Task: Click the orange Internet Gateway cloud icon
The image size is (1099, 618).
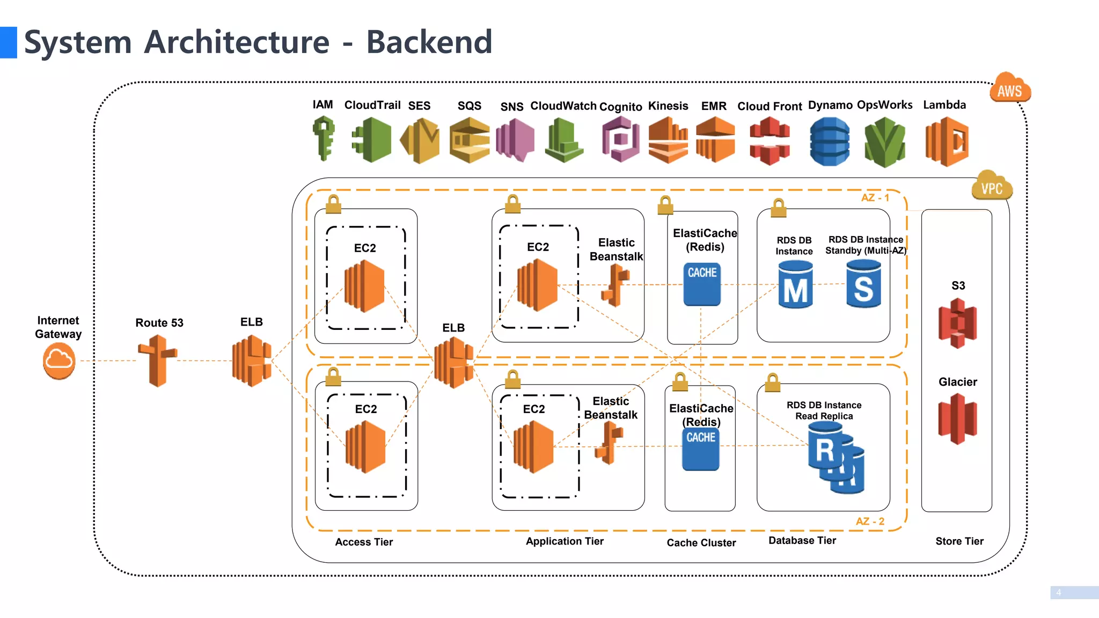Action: tap(59, 362)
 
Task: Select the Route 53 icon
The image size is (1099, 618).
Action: tap(157, 360)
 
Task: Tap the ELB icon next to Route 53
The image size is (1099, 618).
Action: tap(251, 360)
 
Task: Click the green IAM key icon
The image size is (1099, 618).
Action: tap(324, 139)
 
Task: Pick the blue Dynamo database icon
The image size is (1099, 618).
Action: tap(829, 142)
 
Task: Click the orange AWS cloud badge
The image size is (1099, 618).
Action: tap(1009, 89)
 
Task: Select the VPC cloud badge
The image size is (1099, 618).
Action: tap(992, 186)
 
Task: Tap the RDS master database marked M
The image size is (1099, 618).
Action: tap(795, 284)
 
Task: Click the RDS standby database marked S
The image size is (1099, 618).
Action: tap(863, 284)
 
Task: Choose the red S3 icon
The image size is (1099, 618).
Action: tap(958, 323)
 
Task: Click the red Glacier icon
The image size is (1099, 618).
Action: tap(958, 418)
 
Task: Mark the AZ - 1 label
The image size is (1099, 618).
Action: tap(875, 198)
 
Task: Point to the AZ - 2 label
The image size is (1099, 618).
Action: tap(870, 521)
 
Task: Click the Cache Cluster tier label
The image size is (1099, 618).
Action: tap(701, 543)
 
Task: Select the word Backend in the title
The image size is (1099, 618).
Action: tap(429, 42)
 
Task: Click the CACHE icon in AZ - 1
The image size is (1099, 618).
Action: tap(702, 284)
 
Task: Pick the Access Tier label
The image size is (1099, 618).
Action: tap(364, 542)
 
